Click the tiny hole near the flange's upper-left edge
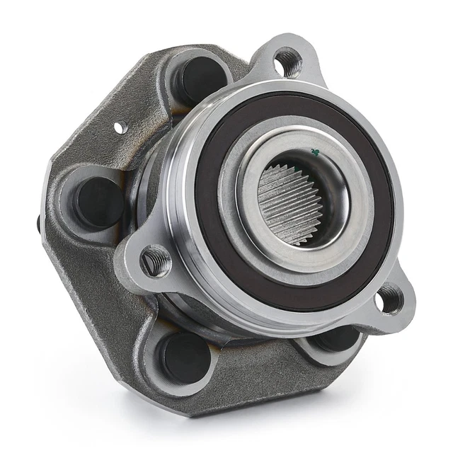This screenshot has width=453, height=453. [121, 127]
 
